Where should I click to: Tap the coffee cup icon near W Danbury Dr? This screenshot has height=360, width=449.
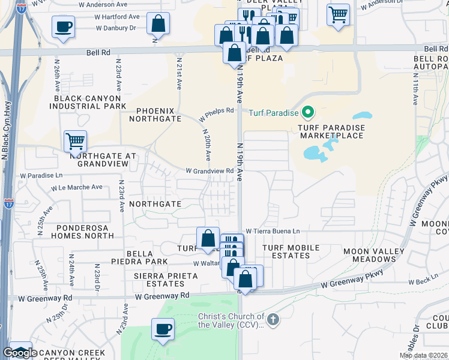[x=63, y=26]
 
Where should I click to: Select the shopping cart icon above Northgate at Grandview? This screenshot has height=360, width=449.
[x=75, y=141]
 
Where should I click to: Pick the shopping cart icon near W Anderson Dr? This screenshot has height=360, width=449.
[x=338, y=14]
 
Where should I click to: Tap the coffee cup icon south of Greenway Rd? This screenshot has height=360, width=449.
[x=163, y=329]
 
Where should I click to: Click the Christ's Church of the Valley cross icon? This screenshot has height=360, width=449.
[x=273, y=319]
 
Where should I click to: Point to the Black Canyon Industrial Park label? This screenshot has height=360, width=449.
[x=90, y=102]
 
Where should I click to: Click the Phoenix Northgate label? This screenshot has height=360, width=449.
[x=159, y=115]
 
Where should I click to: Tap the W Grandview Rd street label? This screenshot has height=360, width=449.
[x=209, y=171]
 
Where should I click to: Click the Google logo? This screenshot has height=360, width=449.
[x=19, y=353]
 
